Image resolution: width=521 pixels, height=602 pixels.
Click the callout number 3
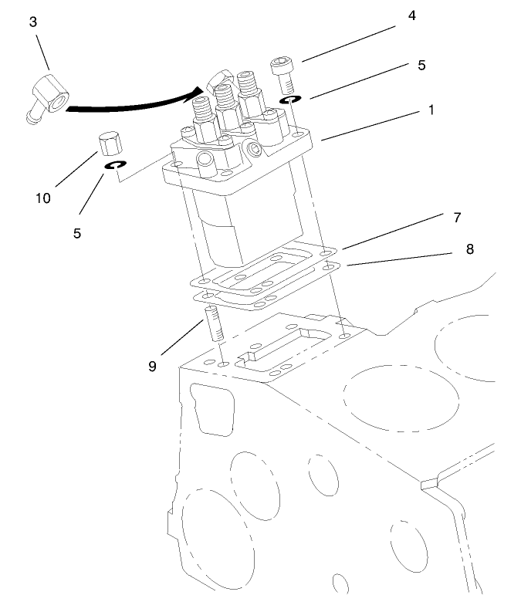pyautogui.click(x=32, y=22)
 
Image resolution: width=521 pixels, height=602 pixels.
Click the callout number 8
pyautogui.click(x=470, y=249)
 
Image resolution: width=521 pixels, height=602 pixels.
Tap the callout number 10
pyautogui.click(x=43, y=198)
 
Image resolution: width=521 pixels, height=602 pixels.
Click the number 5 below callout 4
pyautogui.click(x=421, y=66)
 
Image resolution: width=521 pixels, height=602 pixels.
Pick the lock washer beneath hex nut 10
pyautogui.click(x=117, y=165)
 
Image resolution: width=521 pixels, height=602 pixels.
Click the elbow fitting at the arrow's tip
pyautogui.click(x=218, y=78)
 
